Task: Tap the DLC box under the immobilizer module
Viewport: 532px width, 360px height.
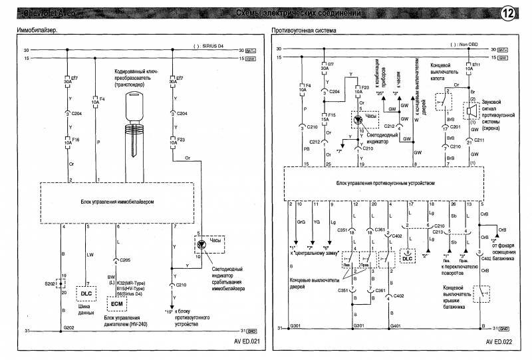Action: coord(86,292)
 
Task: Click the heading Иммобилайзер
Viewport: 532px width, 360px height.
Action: coord(36,31)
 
